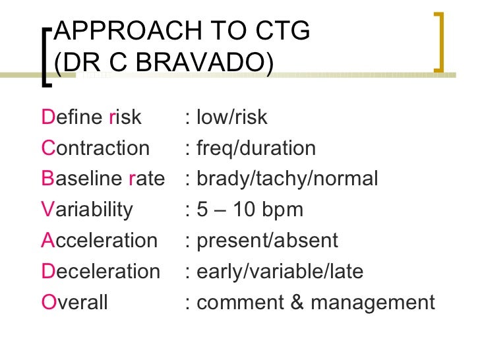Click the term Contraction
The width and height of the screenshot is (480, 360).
[95, 148]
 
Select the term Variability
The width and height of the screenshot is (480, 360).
[86, 210]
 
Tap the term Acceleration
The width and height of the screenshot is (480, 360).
[99, 241]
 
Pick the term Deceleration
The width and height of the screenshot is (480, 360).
[100, 272]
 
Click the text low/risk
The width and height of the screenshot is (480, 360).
[231, 117]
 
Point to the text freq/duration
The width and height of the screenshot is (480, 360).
[256, 148]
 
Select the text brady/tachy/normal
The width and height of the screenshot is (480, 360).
[287, 179]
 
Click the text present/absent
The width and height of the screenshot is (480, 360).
[267, 241]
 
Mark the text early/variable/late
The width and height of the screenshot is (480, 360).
[280, 272]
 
